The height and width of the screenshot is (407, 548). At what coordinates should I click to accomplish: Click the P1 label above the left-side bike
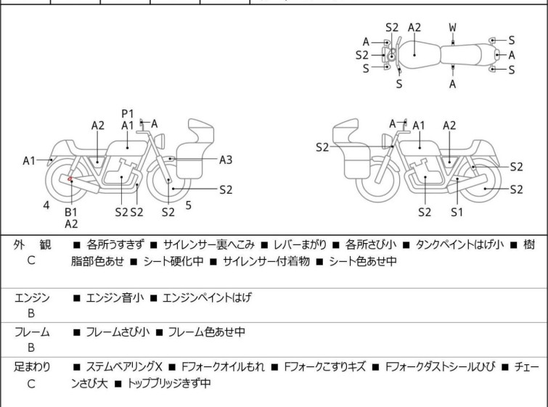tap(128, 113)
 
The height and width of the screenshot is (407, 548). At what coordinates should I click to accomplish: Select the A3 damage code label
tap(226, 159)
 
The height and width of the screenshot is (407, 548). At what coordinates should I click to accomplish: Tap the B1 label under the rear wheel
tap(71, 211)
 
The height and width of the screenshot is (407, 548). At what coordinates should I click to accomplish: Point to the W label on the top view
tap(452, 28)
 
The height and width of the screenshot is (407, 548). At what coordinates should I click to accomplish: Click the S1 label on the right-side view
tap(457, 212)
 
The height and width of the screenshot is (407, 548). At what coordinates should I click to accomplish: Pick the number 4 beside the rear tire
tap(46, 205)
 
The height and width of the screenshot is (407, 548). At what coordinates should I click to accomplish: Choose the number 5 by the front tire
tap(188, 205)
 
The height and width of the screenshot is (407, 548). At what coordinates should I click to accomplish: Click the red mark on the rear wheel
tap(70, 178)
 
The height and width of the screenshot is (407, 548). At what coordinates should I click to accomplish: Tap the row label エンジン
tap(32, 297)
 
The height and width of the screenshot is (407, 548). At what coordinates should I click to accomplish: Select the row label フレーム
tap(32, 332)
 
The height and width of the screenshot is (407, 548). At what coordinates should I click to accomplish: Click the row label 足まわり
tap(32, 367)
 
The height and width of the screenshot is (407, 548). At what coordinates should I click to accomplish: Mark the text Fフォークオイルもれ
tap(224, 367)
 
